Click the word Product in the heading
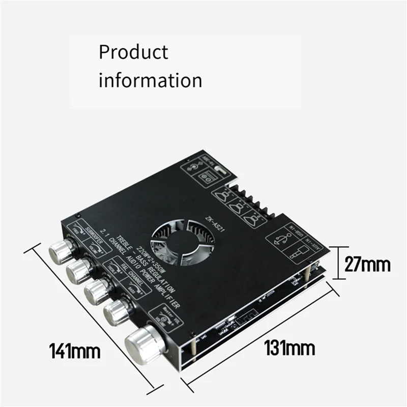[x=133, y=52]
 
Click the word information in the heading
[x=150, y=80]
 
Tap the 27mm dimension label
[x=367, y=265]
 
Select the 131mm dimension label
[x=289, y=348]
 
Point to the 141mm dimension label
[x=74, y=351]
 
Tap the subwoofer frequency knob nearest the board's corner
[x=61, y=250]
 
